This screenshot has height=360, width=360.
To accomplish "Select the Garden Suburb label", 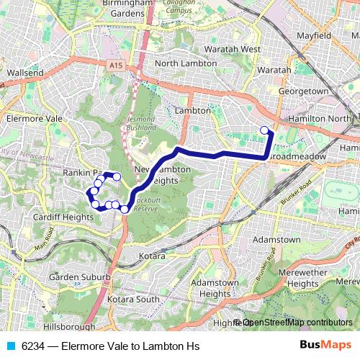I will pos(79,276).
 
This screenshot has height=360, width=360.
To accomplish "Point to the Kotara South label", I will pos(133,298).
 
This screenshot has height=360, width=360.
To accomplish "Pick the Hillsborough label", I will pos(70,325).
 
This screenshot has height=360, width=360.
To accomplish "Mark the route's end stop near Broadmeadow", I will pos(264,130).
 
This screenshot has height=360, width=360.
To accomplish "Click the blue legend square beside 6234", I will pos(9,346).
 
